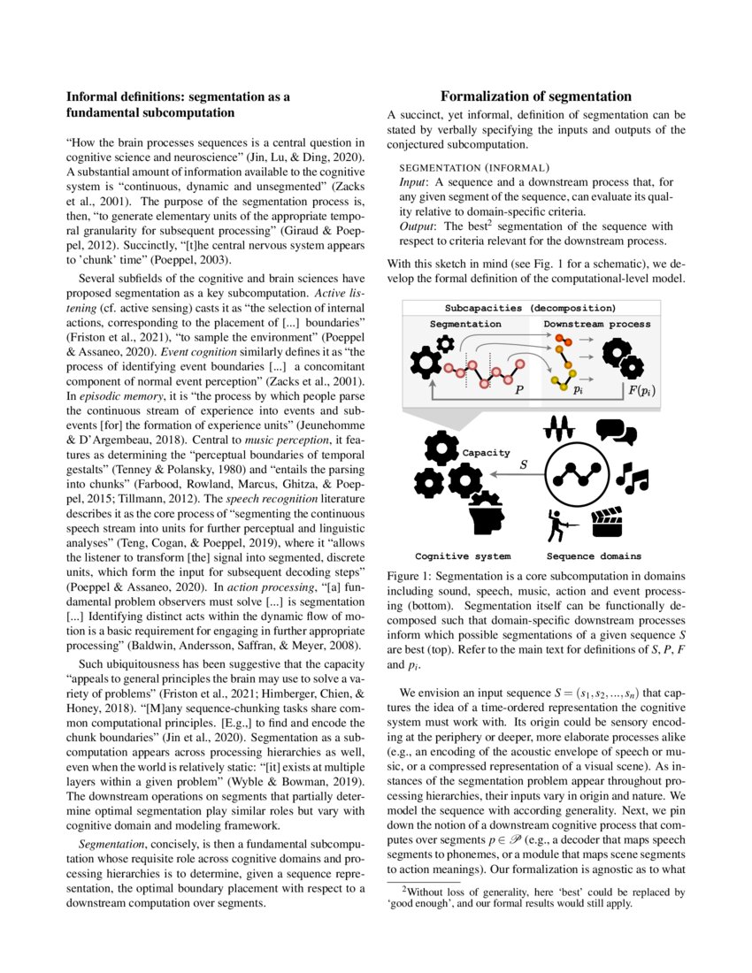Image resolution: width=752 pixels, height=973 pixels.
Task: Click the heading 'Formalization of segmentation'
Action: click(x=536, y=96)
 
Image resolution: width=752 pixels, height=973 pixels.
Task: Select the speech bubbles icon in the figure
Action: click(x=616, y=430)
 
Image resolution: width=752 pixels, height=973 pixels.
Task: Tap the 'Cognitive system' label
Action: click(x=463, y=556)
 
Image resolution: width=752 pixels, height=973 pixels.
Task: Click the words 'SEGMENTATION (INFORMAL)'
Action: click(x=475, y=167)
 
